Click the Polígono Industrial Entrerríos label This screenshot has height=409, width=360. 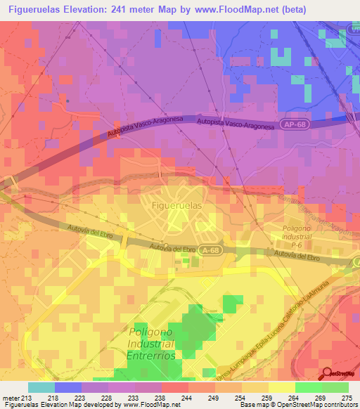click(x=152, y=344)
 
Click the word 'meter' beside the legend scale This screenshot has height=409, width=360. click(x=10, y=398)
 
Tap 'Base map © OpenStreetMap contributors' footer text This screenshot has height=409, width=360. click(x=296, y=405)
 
